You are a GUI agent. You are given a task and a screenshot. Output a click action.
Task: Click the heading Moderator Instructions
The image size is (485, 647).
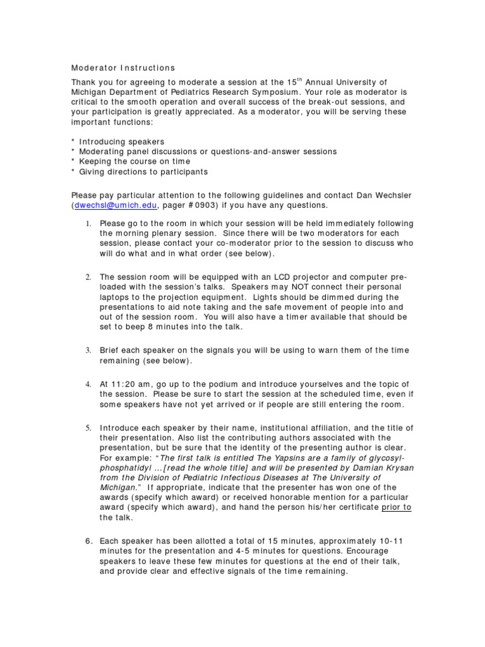(x=123, y=68)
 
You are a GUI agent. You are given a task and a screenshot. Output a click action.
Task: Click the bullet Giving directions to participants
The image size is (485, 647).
(x=142, y=171)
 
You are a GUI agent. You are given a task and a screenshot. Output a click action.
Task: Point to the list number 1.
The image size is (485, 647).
(x=88, y=224)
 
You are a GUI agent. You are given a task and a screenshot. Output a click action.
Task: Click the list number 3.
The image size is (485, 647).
(x=88, y=350)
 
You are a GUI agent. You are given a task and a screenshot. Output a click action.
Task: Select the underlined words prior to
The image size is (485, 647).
(x=397, y=507)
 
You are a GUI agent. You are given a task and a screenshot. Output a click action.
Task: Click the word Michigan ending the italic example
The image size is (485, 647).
(x=117, y=488)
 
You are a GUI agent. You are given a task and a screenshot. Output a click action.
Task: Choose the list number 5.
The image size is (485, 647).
(x=88, y=428)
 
